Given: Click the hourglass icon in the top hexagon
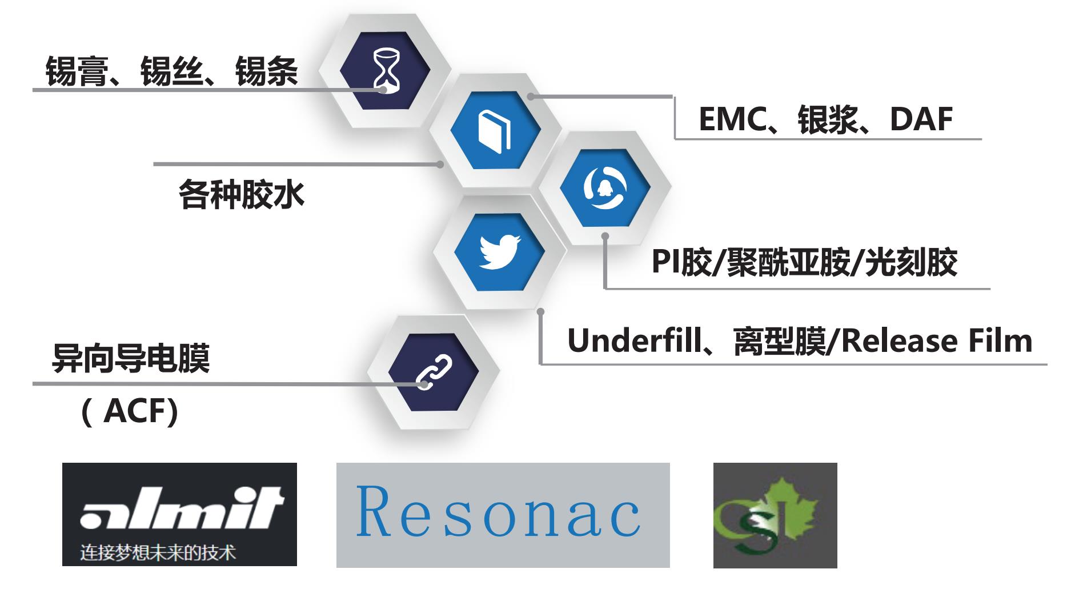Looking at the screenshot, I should [385, 70].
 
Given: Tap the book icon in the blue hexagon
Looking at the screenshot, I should [495, 131].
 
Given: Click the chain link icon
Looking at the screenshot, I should [434, 371].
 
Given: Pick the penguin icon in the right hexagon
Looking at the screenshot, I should [605, 188].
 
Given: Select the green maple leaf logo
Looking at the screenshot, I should [775, 515].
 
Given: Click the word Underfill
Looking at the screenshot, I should [635, 341].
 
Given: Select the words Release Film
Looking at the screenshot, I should [937, 341].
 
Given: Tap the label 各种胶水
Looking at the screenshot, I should [241, 195].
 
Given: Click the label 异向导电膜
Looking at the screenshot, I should [131, 358].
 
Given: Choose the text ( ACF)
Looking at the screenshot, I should [130, 411].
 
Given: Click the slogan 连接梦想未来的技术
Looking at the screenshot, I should [158, 552].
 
